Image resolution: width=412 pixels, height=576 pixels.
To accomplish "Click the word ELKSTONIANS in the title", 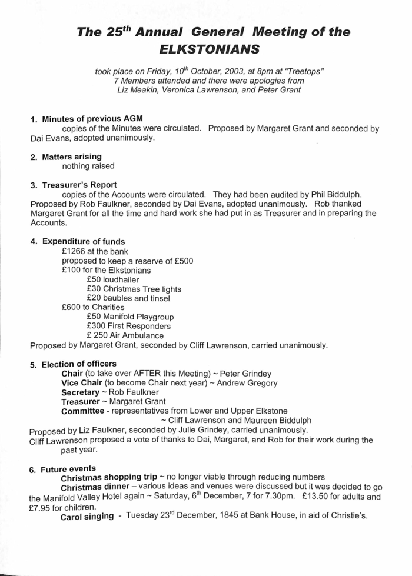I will [x=205, y=49].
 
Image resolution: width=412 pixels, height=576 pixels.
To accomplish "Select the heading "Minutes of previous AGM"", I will [x=92, y=119].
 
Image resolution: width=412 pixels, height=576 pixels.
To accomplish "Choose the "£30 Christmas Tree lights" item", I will [x=134, y=289].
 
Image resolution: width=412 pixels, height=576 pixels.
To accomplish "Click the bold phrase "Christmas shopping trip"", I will [x=109, y=476].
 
